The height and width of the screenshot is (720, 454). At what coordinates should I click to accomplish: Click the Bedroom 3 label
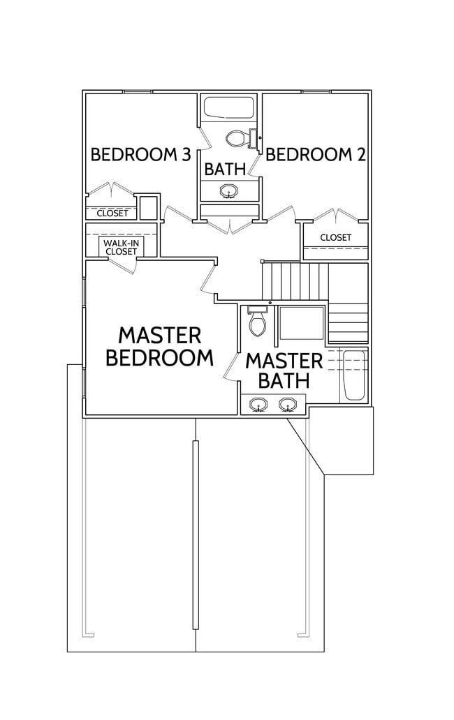[140, 154]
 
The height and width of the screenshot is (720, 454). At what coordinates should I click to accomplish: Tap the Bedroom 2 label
[316, 154]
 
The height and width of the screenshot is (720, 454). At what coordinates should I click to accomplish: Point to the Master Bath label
[284, 370]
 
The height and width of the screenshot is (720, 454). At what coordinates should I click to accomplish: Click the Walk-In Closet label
[121, 247]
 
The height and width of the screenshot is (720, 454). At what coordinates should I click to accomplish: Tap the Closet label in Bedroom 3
[112, 213]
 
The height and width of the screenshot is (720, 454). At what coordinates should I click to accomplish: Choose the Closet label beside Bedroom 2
[335, 237]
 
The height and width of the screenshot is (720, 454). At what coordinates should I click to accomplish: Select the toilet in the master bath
[257, 322]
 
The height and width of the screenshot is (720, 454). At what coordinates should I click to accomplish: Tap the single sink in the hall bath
[228, 190]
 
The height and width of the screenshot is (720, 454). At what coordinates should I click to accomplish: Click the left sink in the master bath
[259, 404]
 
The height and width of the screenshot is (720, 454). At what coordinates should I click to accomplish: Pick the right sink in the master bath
[287, 404]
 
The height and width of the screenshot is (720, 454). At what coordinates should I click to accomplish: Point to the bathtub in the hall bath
[228, 109]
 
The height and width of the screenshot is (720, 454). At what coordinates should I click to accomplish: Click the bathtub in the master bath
[354, 375]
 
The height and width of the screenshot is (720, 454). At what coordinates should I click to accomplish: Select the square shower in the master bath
[301, 325]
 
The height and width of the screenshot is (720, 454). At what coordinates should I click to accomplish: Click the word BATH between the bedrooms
[224, 169]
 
